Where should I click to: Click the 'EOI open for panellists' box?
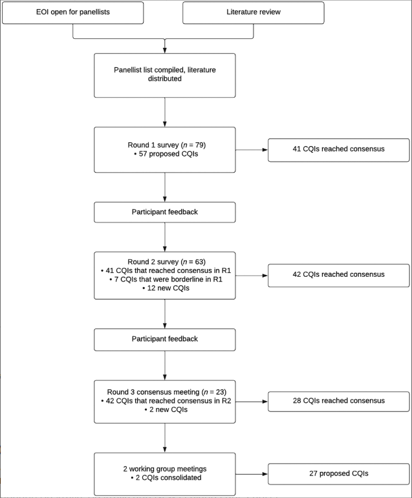pos(72,12)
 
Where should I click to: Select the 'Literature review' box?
pos(253,12)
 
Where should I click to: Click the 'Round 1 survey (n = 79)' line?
pos(164,145)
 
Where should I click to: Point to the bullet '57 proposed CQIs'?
pos(164,155)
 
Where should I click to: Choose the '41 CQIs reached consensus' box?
pos(338,149)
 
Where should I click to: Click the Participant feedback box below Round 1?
pos(164,212)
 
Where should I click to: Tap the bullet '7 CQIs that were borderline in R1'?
pos(164,279)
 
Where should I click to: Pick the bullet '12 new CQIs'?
pos(164,288)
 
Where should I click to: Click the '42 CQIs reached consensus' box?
pos(338,275)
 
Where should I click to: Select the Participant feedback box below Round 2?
pos(164,338)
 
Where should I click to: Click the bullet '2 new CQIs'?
pos(164,410)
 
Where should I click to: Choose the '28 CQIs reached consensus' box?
pos(338,401)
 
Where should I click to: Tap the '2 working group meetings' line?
pos(164,468)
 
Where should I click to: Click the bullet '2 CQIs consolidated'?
pos(164,478)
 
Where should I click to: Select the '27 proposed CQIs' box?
pos(338,473)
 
